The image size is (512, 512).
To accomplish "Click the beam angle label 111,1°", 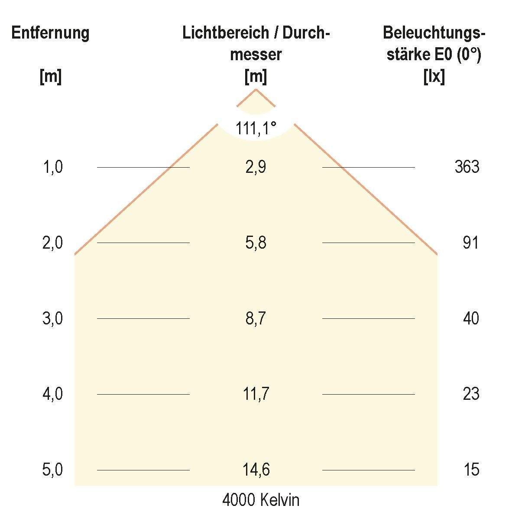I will [256, 128].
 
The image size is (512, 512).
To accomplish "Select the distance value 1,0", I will [52, 167].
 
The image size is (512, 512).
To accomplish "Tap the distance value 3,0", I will [52, 318].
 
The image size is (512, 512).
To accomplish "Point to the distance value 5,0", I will [52, 470].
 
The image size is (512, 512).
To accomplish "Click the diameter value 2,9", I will [256, 167].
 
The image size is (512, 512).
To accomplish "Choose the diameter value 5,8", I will [256, 243].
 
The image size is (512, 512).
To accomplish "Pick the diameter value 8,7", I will [256, 318].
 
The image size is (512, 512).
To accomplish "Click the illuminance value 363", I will [467, 167].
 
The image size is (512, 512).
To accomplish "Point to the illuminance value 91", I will [470, 243].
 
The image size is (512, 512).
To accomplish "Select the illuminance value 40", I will [470, 318].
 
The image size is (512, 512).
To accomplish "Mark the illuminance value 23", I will [470, 394].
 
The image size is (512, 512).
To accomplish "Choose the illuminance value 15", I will [470, 470].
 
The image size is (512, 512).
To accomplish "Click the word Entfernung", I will [50, 33].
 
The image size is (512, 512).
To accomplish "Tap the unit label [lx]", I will [434, 77].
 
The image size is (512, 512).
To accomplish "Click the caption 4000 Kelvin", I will [261, 500].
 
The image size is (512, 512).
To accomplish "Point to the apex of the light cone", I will [256, 89].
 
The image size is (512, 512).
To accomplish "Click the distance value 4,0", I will [52, 394].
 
